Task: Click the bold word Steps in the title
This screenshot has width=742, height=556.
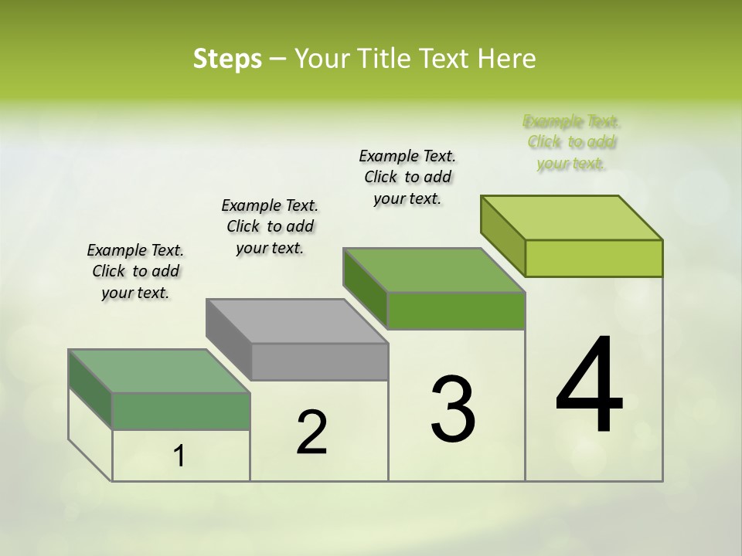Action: point(227,59)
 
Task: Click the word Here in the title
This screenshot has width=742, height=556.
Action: point(507,59)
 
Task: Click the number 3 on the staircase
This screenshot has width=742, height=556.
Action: point(453,409)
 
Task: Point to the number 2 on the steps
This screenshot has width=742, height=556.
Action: point(311,432)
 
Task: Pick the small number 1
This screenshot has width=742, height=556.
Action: point(179,456)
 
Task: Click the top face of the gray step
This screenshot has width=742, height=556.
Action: point(297,320)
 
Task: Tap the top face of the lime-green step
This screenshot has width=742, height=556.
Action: point(572,217)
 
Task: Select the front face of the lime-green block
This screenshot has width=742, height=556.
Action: point(594,258)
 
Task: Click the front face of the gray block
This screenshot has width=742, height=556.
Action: point(320,361)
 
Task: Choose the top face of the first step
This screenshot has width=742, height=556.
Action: point(159,371)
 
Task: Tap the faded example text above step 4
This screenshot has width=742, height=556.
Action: point(572,142)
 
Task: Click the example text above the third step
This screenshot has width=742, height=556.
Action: point(407,177)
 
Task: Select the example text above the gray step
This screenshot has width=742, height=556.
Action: point(270,226)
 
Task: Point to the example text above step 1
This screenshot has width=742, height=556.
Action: point(135,271)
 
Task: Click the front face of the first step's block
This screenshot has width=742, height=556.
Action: point(181,411)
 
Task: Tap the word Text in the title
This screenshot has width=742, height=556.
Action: point(446,59)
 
